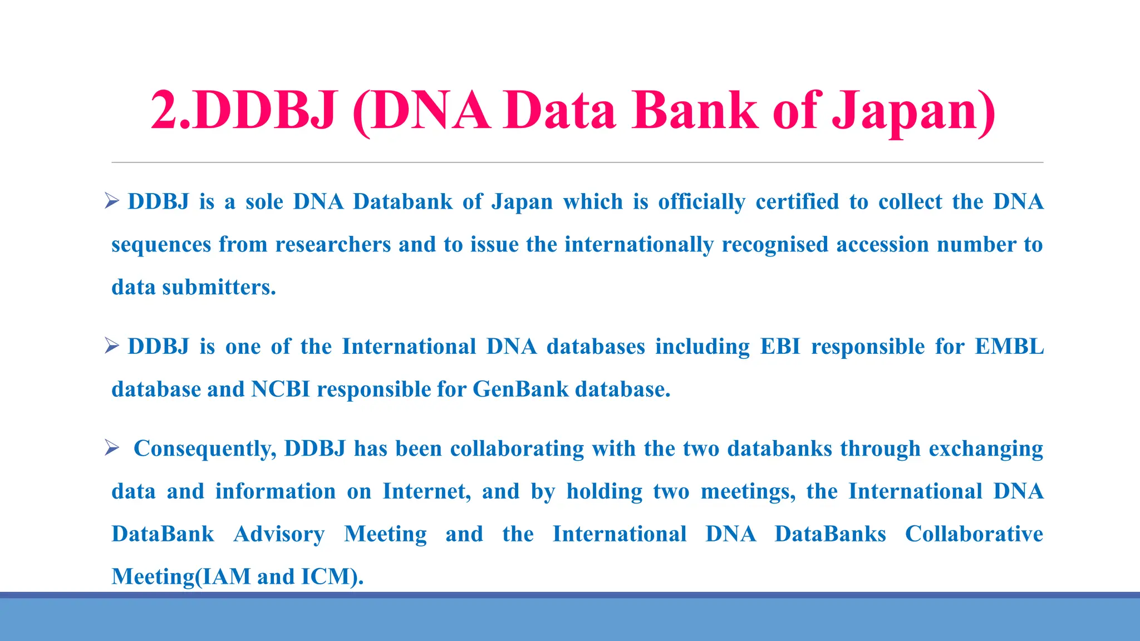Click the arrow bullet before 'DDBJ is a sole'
(112, 201)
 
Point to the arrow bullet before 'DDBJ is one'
(112, 346)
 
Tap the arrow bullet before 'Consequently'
(112, 448)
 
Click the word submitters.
(219, 287)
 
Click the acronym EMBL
(1009, 346)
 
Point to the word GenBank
(520, 389)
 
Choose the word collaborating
(517, 448)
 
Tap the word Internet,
(426, 491)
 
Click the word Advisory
(279, 534)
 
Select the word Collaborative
(974, 534)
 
